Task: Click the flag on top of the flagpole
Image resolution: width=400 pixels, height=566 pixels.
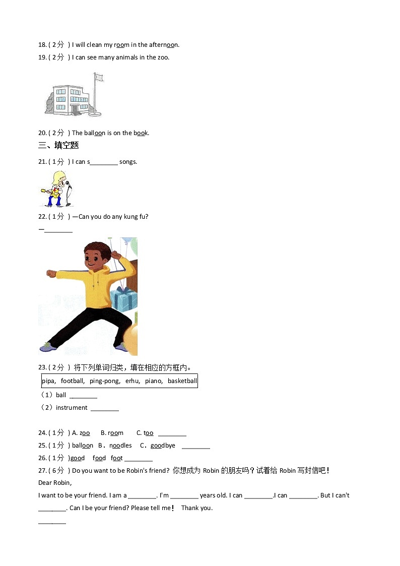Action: (x=99, y=77)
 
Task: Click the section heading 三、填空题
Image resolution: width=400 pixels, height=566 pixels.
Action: (x=58, y=146)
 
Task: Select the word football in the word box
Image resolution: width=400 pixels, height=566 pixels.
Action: (x=73, y=381)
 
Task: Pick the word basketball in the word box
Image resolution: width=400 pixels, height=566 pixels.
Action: (x=182, y=381)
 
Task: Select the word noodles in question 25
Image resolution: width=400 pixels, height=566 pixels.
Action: (x=120, y=446)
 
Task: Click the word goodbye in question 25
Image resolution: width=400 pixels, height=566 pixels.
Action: (x=163, y=446)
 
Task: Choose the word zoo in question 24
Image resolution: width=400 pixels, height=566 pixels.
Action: (x=85, y=433)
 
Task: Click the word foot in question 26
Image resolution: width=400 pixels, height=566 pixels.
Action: (x=116, y=458)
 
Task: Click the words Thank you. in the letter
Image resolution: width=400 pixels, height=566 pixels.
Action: (x=196, y=508)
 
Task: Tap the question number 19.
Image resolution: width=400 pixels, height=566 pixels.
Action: (x=42, y=57)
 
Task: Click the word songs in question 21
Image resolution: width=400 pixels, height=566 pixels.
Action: (x=128, y=162)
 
